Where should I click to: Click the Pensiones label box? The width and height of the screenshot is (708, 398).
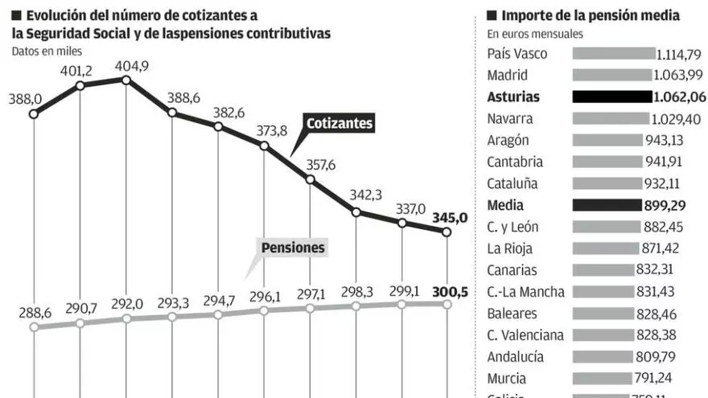(293, 247)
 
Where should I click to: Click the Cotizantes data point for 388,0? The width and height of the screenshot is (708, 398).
(34, 114)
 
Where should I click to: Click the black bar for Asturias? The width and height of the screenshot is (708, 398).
(611, 97)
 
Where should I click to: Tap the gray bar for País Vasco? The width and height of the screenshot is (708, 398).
(614, 54)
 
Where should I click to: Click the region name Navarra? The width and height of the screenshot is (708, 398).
(509, 119)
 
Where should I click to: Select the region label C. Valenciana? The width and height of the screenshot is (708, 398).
(525, 335)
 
